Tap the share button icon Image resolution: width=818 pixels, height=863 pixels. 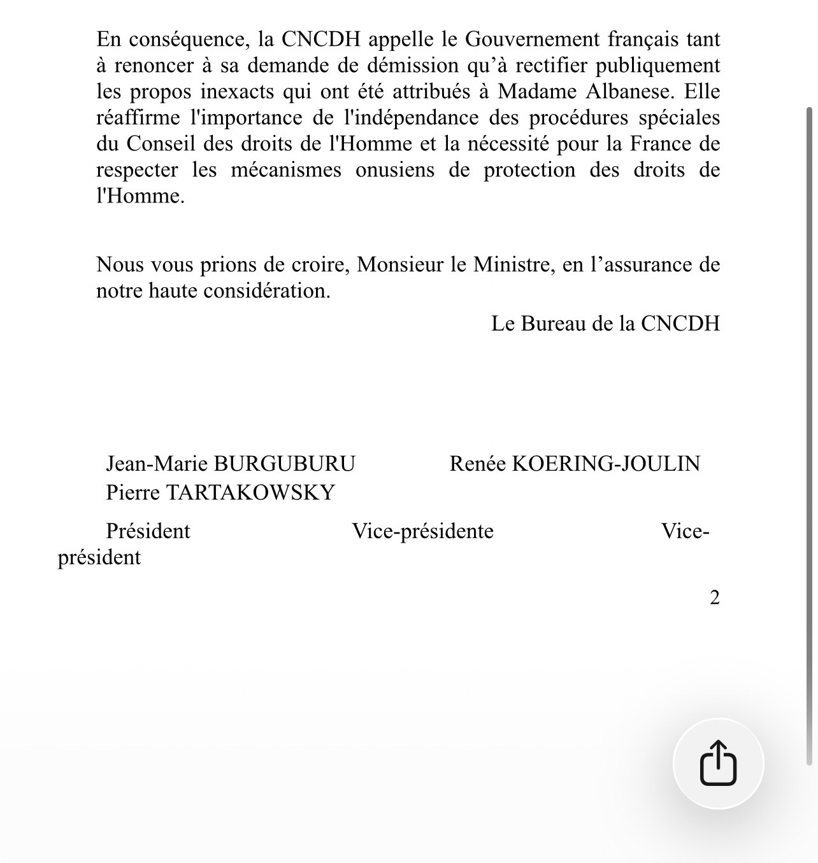718,763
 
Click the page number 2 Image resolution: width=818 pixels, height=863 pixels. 715,597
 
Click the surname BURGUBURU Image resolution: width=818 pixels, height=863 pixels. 284,463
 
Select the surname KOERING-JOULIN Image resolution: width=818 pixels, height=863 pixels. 606,463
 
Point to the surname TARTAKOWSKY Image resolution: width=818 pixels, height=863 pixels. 250,492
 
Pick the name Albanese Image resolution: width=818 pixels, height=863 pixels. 628,91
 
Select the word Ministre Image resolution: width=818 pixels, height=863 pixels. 512,264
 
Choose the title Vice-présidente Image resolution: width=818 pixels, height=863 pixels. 423,531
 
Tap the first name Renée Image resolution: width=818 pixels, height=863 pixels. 478,463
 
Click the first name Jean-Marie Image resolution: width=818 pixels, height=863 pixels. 157,463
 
